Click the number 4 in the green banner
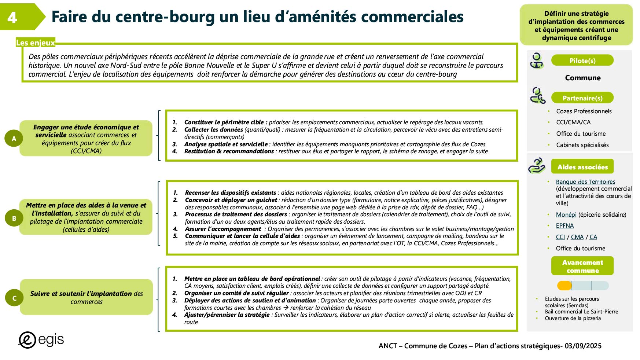[12, 17]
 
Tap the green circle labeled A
[14, 139]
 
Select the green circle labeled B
[14, 218]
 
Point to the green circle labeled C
[14, 298]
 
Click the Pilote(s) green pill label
[582, 60]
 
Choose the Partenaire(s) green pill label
[582, 98]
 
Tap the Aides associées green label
[582, 167]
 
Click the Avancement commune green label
[582, 266]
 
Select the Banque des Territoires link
[585, 181]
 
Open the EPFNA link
[564, 225]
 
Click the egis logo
[41, 340]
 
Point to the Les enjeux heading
[35, 43]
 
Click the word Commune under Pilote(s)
[582, 78]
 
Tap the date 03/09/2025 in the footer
[583, 346]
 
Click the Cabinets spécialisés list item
[582, 145]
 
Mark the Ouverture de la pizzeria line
[573, 318]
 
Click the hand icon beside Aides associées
[537, 166]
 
